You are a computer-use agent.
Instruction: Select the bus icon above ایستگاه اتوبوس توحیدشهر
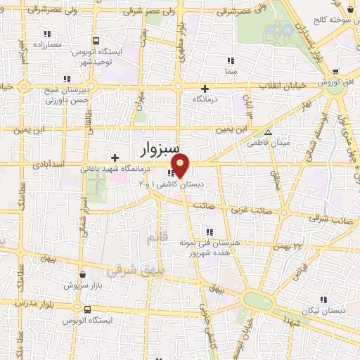point(96,41)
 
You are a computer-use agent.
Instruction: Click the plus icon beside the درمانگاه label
point(205,89)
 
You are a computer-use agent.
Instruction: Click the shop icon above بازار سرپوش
point(83,275)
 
